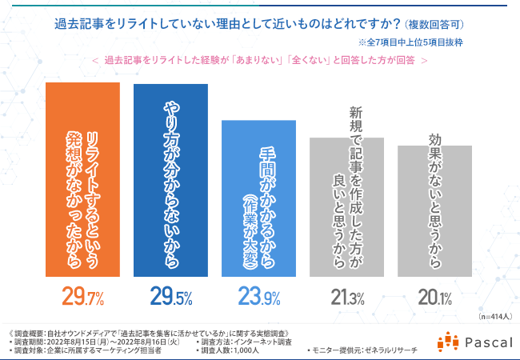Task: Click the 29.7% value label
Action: (83, 298)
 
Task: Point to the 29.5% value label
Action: (171, 298)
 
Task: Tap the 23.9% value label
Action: (258, 298)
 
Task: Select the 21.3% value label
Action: (347, 298)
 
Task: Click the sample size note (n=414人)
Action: (495, 318)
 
